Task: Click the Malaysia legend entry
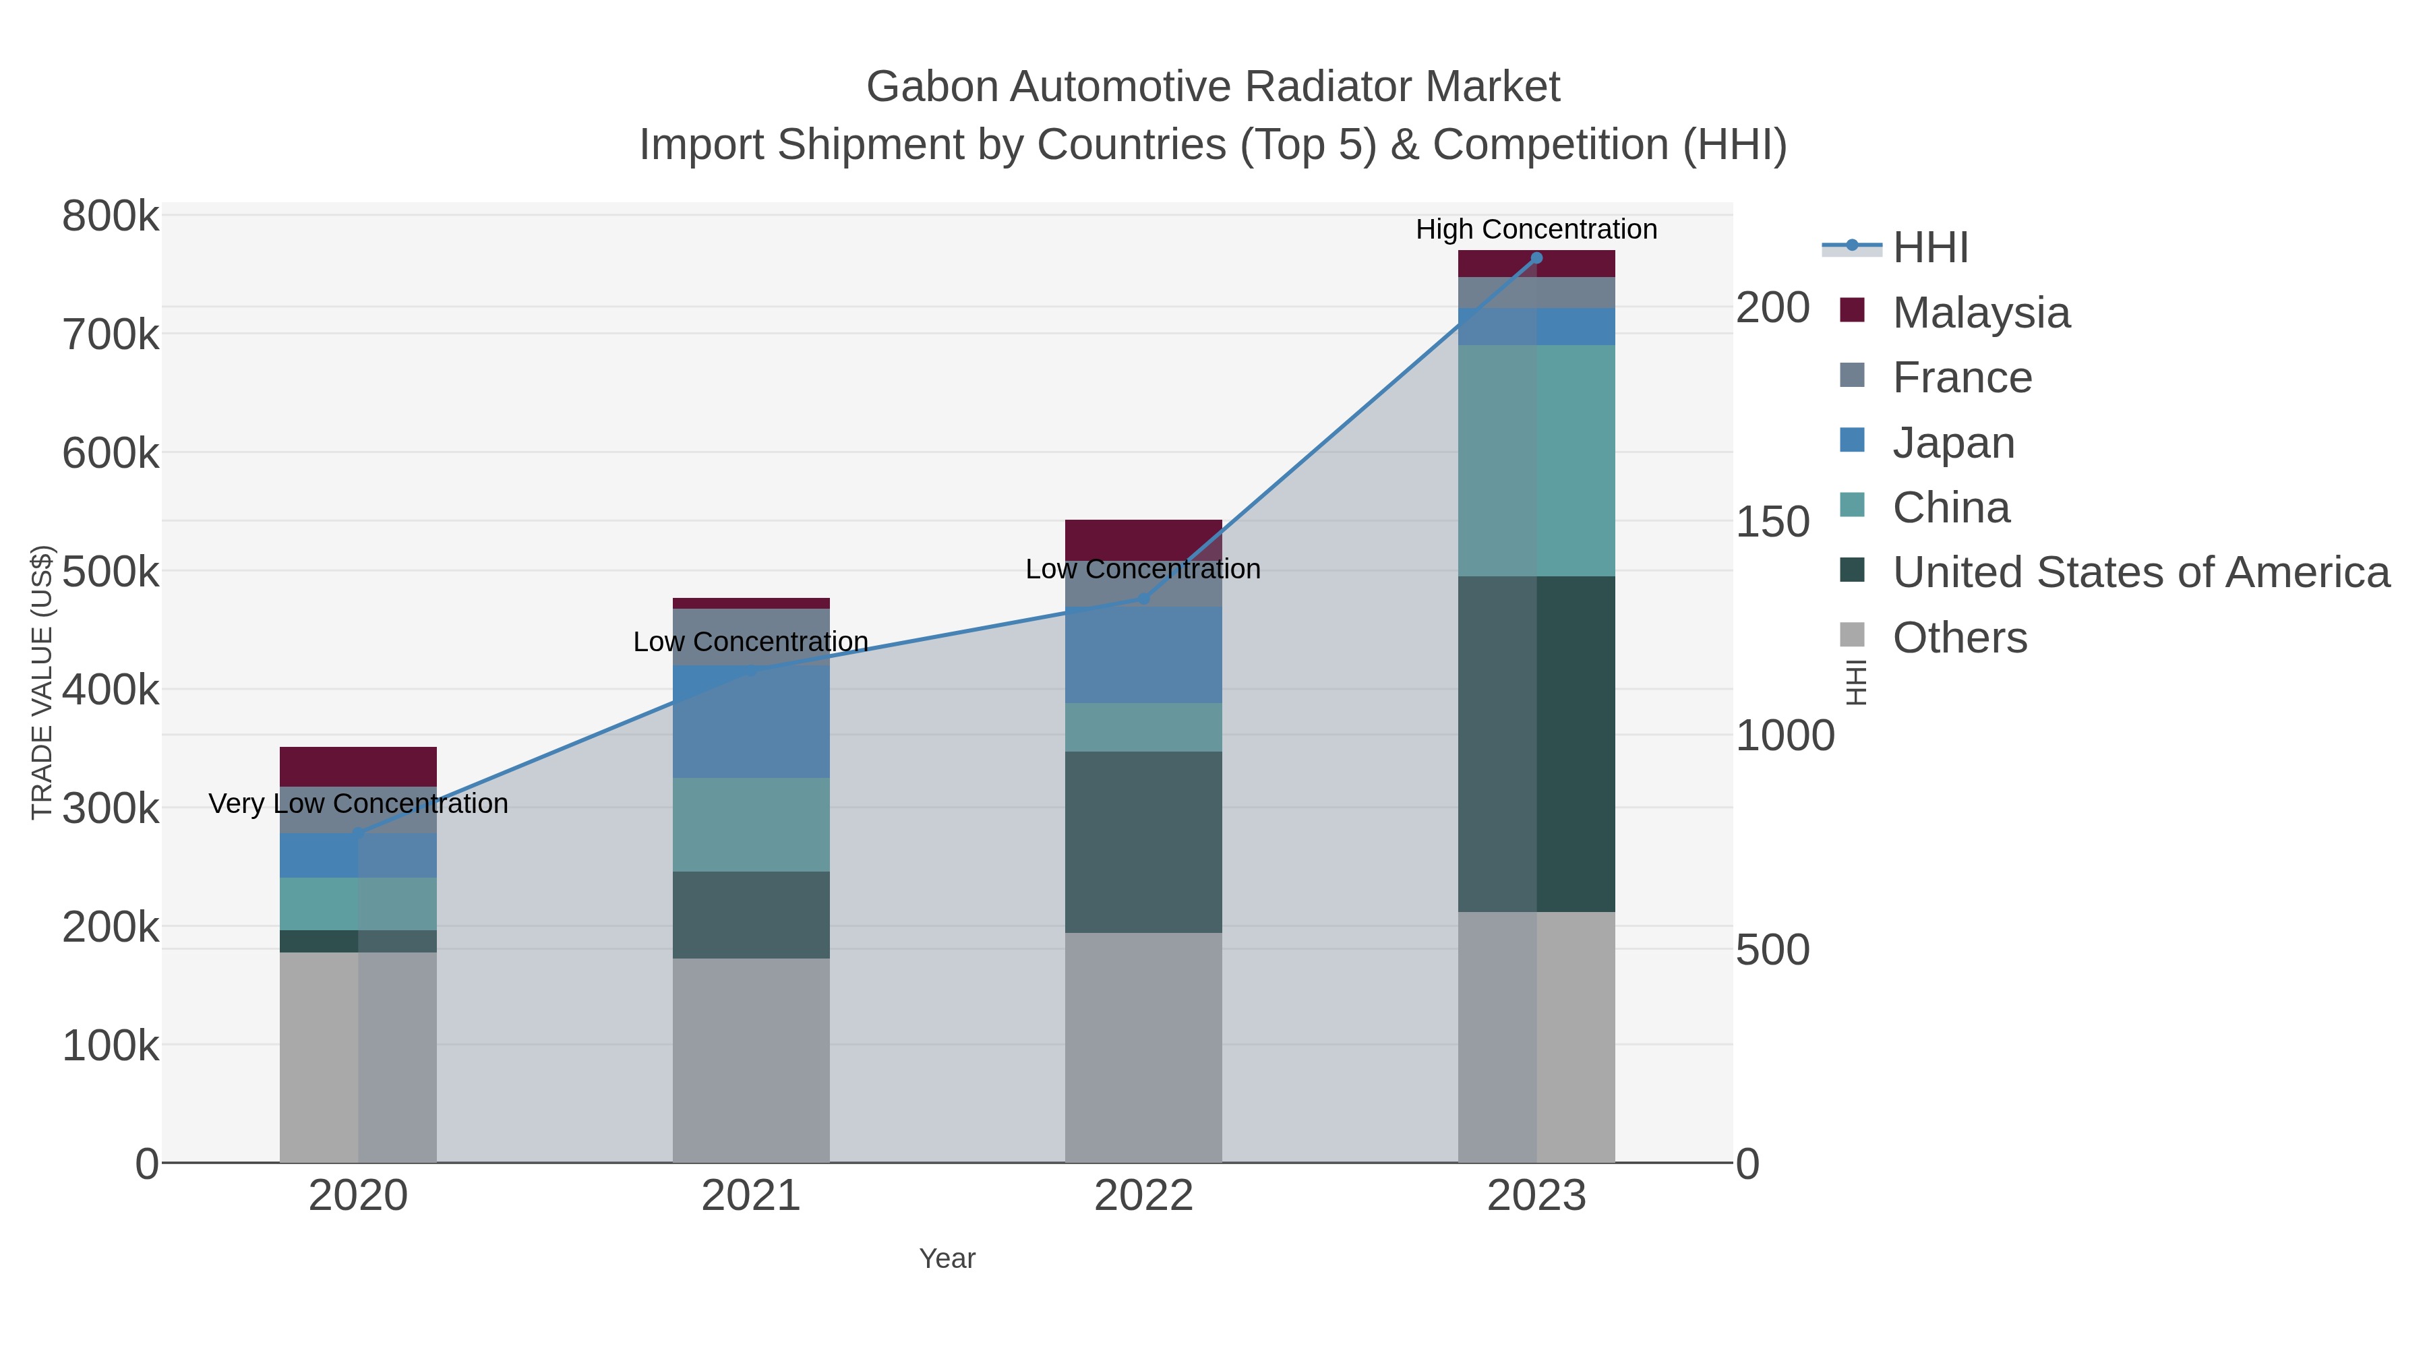[1981, 313]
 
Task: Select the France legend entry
[1962, 377]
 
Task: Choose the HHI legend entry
[1929, 248]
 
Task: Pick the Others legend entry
[1958, 638]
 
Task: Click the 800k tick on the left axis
[111, 216]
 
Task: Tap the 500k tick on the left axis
[111, 572]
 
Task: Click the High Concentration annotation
[1536, 229]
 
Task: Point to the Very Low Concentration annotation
[358, 803]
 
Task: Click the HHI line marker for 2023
[1536, 258]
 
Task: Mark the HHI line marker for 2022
[1144, 598]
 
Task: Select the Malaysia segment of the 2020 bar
[358, 767]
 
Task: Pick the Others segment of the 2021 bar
[751, 1060]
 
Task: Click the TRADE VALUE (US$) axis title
[41, 682]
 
